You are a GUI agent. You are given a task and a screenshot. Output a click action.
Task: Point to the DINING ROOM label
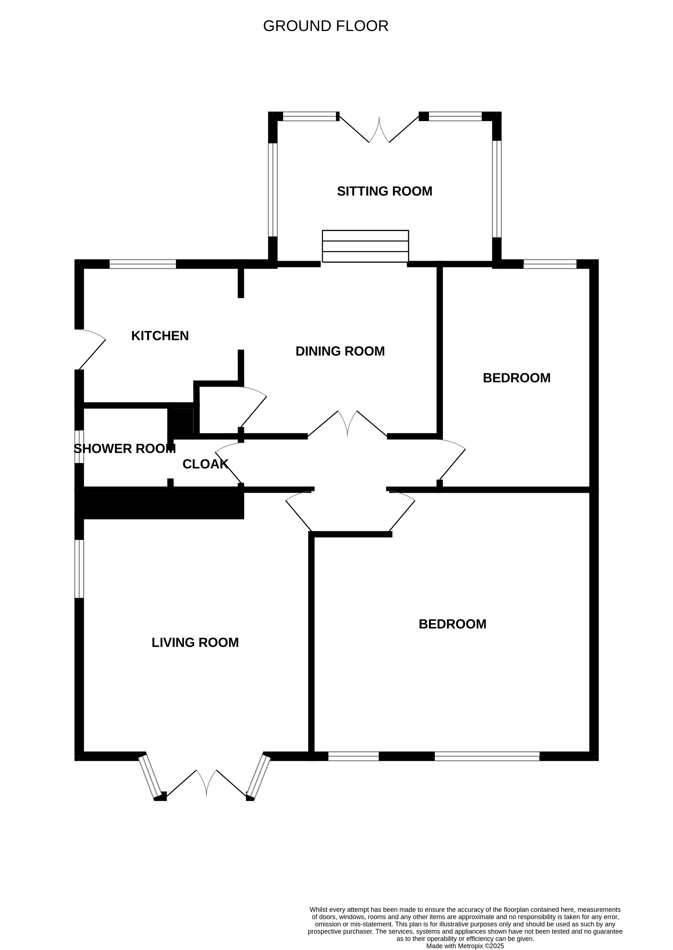pyautogui.click(x=340, y=351)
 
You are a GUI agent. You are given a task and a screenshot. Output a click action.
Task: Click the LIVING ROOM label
pyautogui.click(x=195, y=642)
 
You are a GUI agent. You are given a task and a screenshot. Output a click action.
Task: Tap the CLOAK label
pyautogui.click(x=205, y=464)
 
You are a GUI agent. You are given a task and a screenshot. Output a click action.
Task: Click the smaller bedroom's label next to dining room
pyautogui.click(x=516, y=378)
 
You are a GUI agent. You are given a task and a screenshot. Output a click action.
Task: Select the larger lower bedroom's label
pyautogui.click(x=452, y=624)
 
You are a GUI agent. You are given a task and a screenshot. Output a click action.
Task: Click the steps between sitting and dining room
pyautogui.click(x=365, y=246)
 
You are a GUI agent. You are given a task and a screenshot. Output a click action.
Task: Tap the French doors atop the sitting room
pyautogui.click(x=379, y=129)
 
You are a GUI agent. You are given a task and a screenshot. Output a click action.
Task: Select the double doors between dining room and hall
pyautogui.click(x=347, y=424)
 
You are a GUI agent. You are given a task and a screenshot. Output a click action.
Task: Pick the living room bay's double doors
pyautogui.click(x=206, y=784)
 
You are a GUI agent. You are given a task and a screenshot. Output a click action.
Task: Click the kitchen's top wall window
pyautogui.click(x=143, y=264)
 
